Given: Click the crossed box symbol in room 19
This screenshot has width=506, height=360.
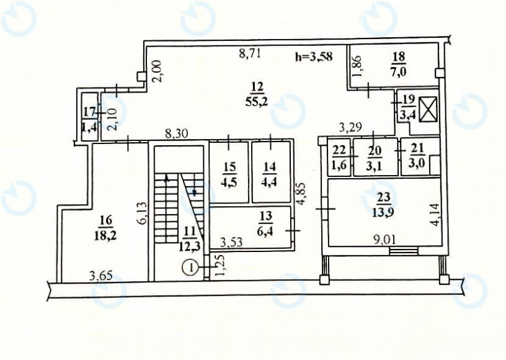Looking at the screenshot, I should point(428,111).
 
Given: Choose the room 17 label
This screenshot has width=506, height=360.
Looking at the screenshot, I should point(90,119).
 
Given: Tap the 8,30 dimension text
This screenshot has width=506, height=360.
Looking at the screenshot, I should point(177,133).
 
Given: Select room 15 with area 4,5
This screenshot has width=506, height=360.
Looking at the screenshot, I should point(229,175).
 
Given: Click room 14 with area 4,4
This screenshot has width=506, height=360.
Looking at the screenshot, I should point(270,175).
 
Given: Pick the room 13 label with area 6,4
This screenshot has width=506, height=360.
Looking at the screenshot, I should point(265,223).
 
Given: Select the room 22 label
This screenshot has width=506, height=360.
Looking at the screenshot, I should point(339,158).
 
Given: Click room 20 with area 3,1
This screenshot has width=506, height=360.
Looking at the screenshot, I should point(375,158).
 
